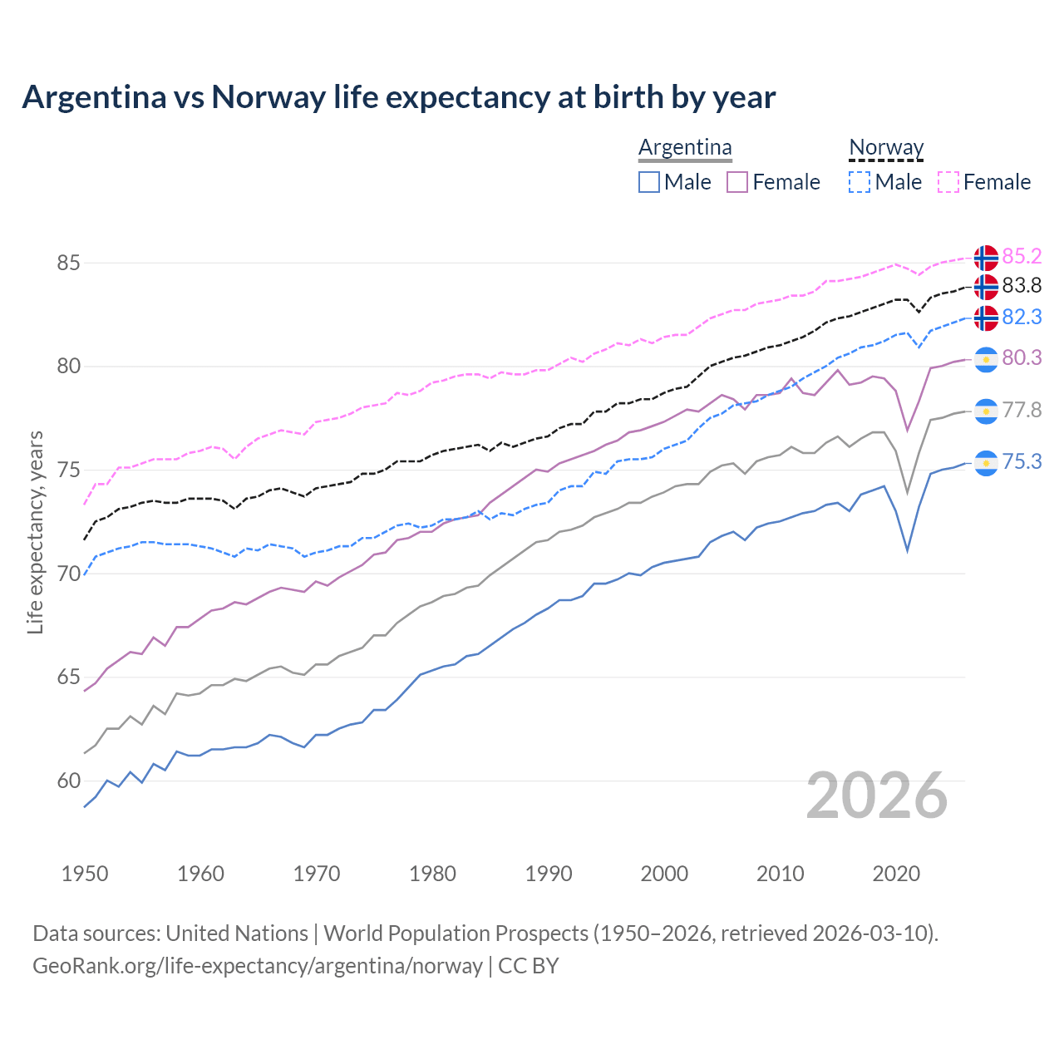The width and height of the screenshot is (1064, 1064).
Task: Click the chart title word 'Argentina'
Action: point(94,97)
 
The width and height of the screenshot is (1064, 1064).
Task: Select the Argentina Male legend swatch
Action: point(649,182)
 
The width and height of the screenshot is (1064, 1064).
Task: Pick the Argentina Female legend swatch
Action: point(737,182)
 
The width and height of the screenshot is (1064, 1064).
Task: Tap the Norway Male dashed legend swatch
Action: point(860,182)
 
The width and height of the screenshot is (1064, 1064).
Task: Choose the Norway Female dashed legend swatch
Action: point(948,182)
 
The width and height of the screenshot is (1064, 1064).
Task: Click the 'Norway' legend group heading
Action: point(886,147)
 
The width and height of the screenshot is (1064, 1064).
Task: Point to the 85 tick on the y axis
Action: point(68,264)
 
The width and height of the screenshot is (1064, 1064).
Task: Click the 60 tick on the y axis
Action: point(68,781)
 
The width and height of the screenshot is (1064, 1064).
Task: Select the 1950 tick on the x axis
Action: point(85,874)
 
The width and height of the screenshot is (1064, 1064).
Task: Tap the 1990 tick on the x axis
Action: point(549,874)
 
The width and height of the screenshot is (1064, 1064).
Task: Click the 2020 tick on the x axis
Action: point(896,874)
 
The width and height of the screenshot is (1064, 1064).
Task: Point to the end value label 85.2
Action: point(1022,256)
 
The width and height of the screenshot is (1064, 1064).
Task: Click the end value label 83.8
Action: point(1022,286)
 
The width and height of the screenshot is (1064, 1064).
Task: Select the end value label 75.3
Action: point(1022,462)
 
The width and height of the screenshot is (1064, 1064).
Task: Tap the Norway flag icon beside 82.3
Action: point(986,318)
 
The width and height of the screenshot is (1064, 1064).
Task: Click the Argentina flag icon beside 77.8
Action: point(986,411)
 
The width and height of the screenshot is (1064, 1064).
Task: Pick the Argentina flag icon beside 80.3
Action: point(986,358)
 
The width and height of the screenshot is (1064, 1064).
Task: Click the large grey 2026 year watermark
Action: point(877,796)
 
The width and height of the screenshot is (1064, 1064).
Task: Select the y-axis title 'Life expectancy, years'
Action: point(36,532)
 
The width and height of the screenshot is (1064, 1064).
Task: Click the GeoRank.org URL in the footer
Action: point(258,966)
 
